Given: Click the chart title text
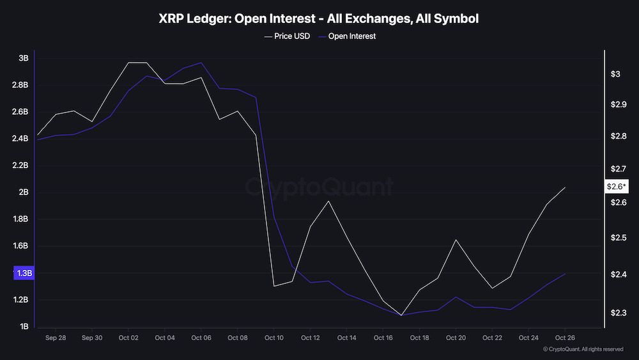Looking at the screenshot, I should click(x=318, y=19).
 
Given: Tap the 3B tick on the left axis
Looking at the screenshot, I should click(x=23, y=58).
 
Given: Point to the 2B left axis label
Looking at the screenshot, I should click(x=23, y=192).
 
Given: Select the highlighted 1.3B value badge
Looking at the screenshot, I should click(x=24, y=273).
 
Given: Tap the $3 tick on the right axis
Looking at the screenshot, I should click(x=615, y=74).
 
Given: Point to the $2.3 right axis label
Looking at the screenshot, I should click(x=619, y=313).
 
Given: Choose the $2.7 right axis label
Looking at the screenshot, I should click(x=619, y=169).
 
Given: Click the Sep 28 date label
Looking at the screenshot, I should click(x=56, y=338).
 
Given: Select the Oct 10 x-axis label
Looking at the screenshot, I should click(x=273, y=338).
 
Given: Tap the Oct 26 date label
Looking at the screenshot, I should click(x=564, y=338).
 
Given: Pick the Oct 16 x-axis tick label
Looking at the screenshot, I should click(x=383, y=338).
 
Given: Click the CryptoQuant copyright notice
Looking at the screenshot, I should click(x=583, y=349).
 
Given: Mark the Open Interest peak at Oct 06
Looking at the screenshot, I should click(x=201, y=63).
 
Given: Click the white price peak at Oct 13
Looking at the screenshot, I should click(x=328, y=201).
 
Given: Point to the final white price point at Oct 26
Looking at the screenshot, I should click(x=565, y=187).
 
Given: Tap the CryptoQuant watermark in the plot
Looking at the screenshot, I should click(x=319, y=187).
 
